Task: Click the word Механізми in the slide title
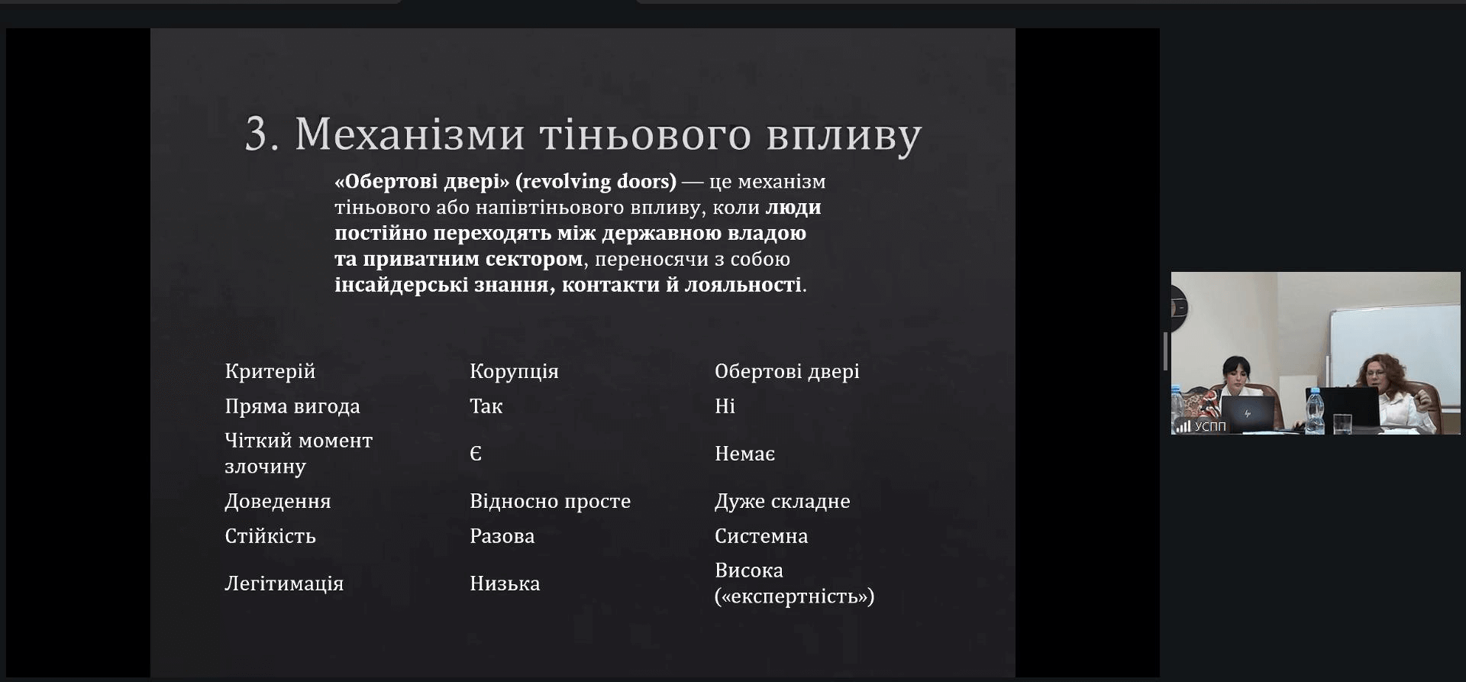(x=410, y=134)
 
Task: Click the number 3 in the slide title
(x=257, y=135)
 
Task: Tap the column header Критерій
(x=270, y=371)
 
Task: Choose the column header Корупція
(x=514, y=371)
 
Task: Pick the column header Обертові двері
(x=786, y=371)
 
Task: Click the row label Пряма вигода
(x=292, y=406)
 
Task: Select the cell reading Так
(x=486, y=406)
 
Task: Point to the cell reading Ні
(x=725, y=406)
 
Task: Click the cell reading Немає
(x=744, y=454)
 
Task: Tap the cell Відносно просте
(x=550, y=501)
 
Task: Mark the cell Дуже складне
(x=782, y=501)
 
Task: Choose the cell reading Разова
(x=502, y=536)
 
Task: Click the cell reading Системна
(x=760, y=536)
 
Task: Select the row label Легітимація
(x=283, y=583)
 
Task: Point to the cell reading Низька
(x=504, y=583)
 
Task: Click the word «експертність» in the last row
(x=794, y=596)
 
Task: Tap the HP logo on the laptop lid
(x=1248, y=413)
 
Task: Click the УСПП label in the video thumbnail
(x=1210, y=426)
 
